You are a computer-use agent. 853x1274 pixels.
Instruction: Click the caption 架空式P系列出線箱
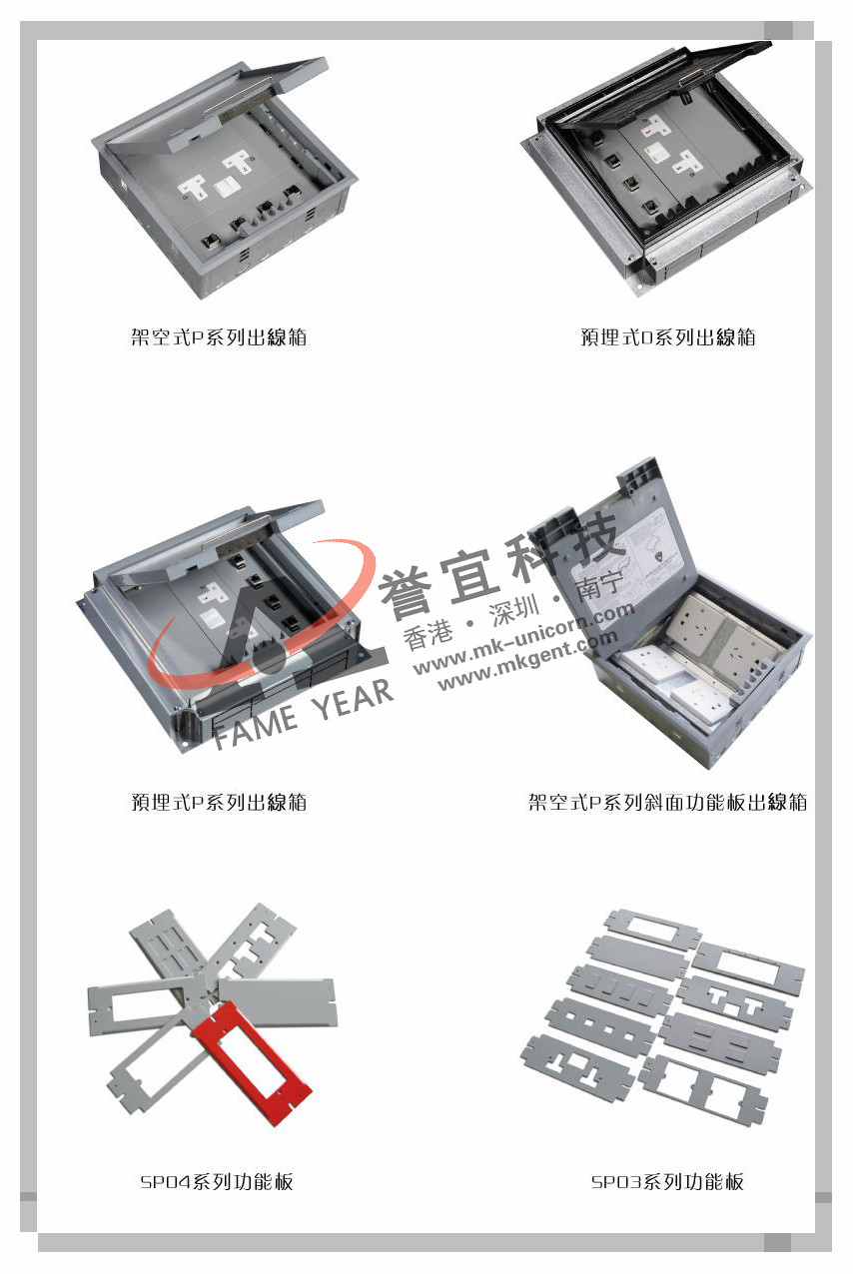(x=219, y=337)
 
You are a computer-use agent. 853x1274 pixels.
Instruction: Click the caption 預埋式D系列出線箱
(x=668, y=337)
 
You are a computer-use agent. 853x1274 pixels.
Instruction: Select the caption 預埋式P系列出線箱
(x=219, y=802)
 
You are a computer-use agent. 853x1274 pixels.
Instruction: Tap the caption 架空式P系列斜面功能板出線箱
(x=668, y=802)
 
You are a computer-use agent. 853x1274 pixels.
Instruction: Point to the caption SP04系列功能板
(x=217, y=1182)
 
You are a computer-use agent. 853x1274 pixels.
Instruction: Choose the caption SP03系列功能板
(x=667, y=1182)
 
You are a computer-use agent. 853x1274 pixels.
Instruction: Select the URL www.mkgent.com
(x=527, y=661)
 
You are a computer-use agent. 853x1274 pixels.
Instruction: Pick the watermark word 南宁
(x=599, y=587)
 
